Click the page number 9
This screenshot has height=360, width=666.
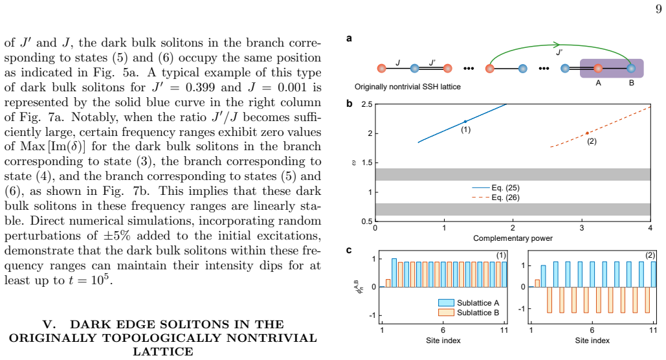click(658, 9)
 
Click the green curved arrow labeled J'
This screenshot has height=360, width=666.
click(561, 45)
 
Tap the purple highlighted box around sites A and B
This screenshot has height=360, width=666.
click(612, 68)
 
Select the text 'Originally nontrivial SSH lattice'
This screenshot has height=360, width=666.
click(407, 87)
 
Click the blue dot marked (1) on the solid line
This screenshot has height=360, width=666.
click(465, 122)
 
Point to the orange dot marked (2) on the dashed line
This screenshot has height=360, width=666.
click(588, 133)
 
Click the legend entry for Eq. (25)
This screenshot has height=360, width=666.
click(496, 187)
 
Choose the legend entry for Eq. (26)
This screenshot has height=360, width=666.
click(496, 197)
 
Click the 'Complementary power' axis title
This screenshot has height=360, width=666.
click(513, 238)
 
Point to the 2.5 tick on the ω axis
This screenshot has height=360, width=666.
click(367, 104)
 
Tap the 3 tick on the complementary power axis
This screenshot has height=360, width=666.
click(581, 228)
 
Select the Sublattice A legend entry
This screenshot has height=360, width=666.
click(469, 302)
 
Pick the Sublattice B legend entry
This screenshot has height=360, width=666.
click(469, 312)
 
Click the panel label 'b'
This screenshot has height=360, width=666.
click(349, 104)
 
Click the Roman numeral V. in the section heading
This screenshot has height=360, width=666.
click(49, 324)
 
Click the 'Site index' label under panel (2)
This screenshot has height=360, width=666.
click(592, 341)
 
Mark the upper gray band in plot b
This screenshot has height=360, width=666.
click(513, 174)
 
